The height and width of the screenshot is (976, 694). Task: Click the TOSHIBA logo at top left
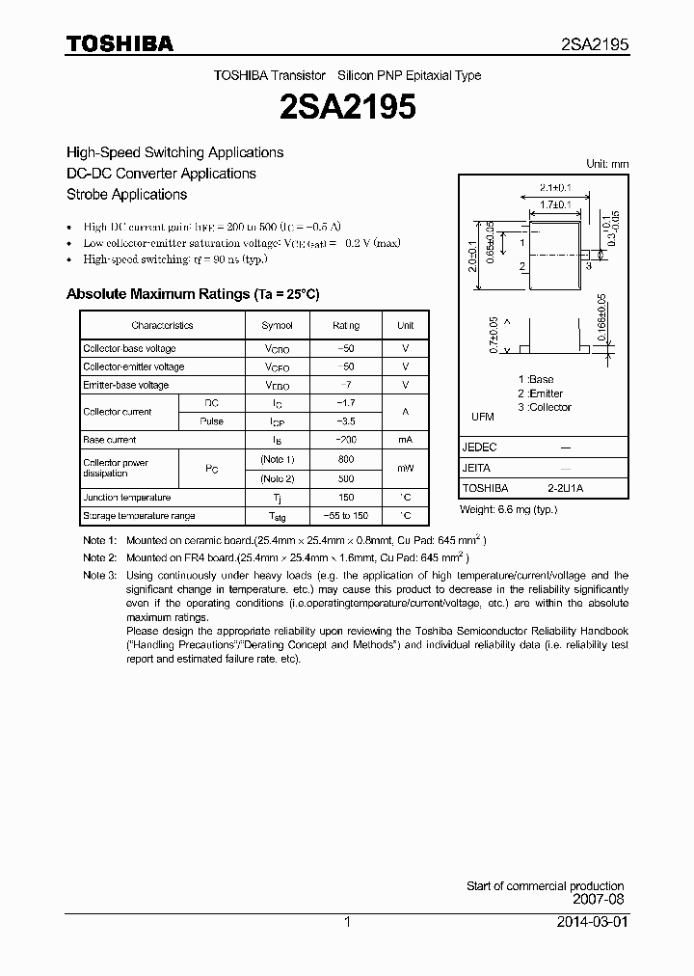120,43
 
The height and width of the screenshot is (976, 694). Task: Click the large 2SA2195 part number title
347,107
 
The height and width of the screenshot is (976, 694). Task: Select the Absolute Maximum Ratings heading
192,294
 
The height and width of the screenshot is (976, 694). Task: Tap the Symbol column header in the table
277,326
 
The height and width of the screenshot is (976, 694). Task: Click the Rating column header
346,326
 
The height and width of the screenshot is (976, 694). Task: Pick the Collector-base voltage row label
129,348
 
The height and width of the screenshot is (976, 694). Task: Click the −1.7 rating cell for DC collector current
346,403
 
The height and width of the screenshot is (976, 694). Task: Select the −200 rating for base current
346,440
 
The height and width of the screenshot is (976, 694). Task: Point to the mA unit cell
405,440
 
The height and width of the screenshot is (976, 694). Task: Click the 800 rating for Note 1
346,459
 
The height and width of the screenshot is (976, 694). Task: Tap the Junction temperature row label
126,498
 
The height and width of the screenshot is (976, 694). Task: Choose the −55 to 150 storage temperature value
346,516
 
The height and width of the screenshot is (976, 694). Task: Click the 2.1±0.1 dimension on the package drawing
556,187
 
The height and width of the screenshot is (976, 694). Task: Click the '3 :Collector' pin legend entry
545,407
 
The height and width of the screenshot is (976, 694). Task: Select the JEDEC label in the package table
479,447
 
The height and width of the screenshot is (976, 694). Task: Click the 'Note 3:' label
99,576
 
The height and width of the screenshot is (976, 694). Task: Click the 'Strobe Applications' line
126,194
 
